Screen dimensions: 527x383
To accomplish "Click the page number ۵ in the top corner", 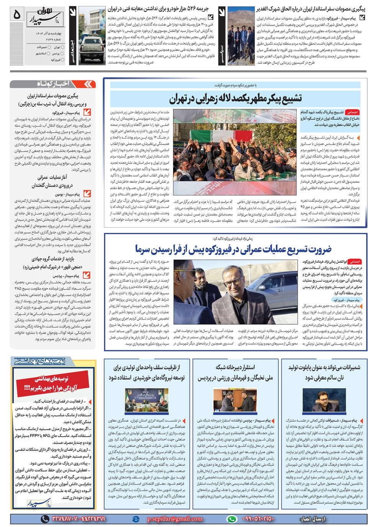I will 16,15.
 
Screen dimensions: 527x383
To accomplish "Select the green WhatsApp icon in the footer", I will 232,519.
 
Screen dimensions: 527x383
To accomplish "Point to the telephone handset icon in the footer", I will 46,519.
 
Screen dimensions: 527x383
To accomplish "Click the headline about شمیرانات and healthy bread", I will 324,372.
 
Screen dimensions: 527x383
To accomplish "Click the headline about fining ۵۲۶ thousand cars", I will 157,8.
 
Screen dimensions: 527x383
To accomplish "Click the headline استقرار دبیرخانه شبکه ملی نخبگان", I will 235,372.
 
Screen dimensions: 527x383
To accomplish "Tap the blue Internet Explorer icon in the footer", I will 135,519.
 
